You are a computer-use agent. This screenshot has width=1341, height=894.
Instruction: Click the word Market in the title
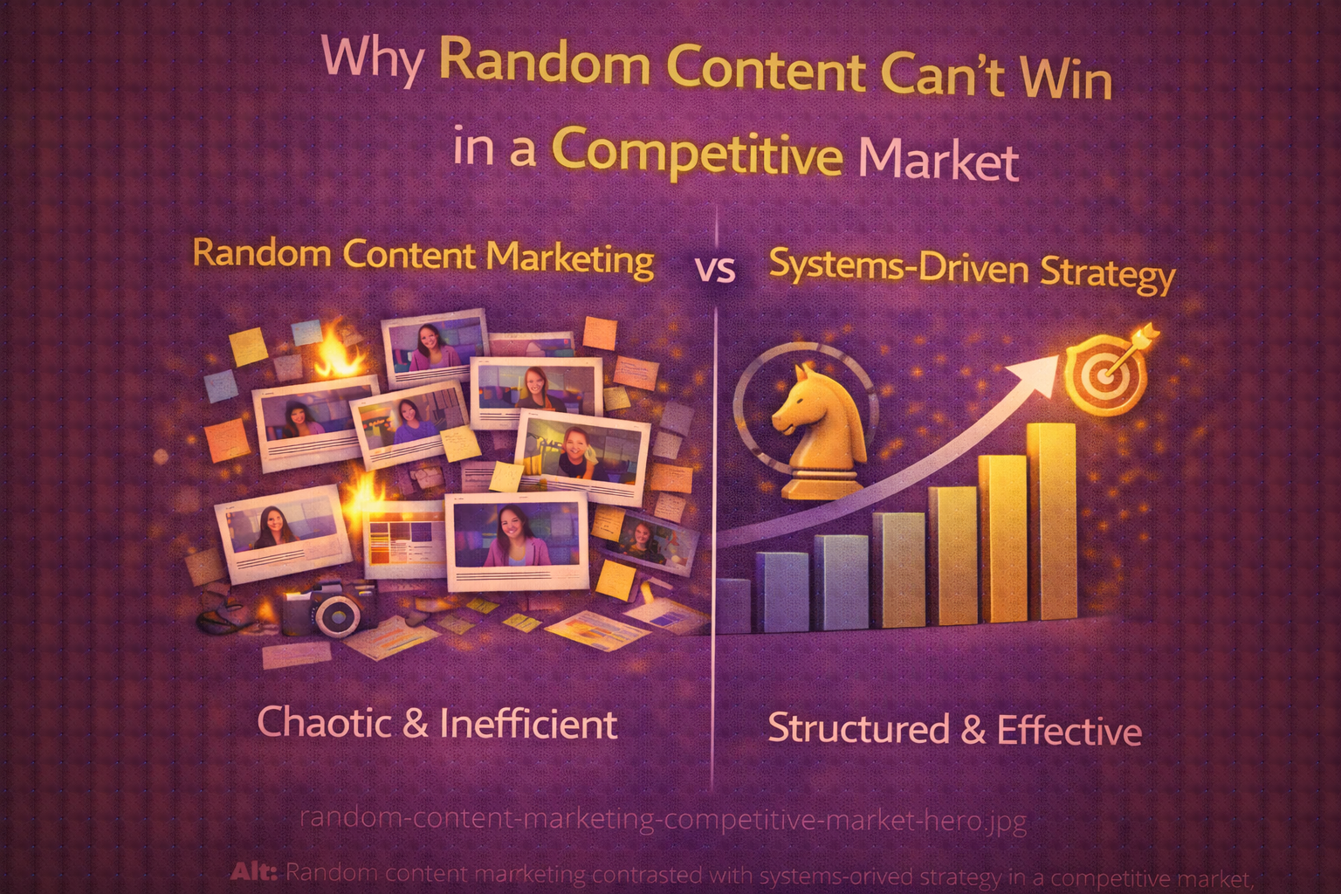pyautogui.click(x=939, y=161)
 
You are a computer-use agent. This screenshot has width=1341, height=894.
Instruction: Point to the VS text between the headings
pyautogui.click(x=716, y=270)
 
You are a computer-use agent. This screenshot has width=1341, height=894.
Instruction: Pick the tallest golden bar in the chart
pyautogui.click(x=1051, y=522)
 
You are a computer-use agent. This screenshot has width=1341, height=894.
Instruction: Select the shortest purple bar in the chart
pyautogui.click(x=733, y=604)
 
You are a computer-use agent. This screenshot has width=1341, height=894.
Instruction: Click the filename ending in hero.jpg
pyautogui.click(x=663, y=821)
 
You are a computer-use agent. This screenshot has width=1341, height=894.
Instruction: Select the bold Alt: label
pyautogui.click(x=256, y=871)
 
